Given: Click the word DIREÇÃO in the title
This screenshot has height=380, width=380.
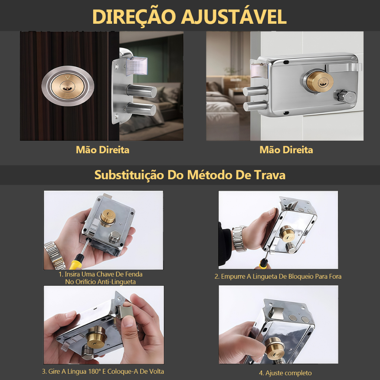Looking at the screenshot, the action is [x=134, y=17].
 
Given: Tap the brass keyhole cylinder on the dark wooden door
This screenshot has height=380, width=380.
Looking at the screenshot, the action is [x=68, y=86].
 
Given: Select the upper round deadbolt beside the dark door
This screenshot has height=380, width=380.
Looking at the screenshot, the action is [x=141, y=91].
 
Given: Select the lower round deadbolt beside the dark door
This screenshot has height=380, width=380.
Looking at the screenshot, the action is [x=141, y=109].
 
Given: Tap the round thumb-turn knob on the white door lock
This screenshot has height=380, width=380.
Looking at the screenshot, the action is [x=344, y=96].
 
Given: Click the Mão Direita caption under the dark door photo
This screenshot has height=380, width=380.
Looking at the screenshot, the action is [x=102, y=150].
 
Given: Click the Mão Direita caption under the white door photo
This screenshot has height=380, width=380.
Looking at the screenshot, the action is [x=286, y=150].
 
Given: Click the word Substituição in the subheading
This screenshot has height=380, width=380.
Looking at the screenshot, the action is [x=129, y=175].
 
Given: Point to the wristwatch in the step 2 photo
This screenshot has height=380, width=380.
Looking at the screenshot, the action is [x=239, y=239].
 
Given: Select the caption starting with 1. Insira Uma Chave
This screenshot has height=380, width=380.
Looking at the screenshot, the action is [x=100, y=278].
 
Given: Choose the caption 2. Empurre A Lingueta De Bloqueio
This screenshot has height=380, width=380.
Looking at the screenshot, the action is [x=278, y=276].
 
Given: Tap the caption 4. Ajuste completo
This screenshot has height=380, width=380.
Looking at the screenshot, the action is [x=285, y=373].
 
